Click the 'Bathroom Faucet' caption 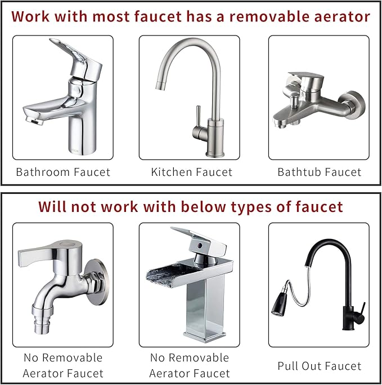click(63, 172)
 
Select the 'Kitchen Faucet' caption click(191, 172)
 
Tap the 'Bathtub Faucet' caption click(319, 172)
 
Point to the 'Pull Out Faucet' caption click(319, 366)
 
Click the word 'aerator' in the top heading click(339, 16)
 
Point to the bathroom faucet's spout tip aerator click(33, 120)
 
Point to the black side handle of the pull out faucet click(362, 309)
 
